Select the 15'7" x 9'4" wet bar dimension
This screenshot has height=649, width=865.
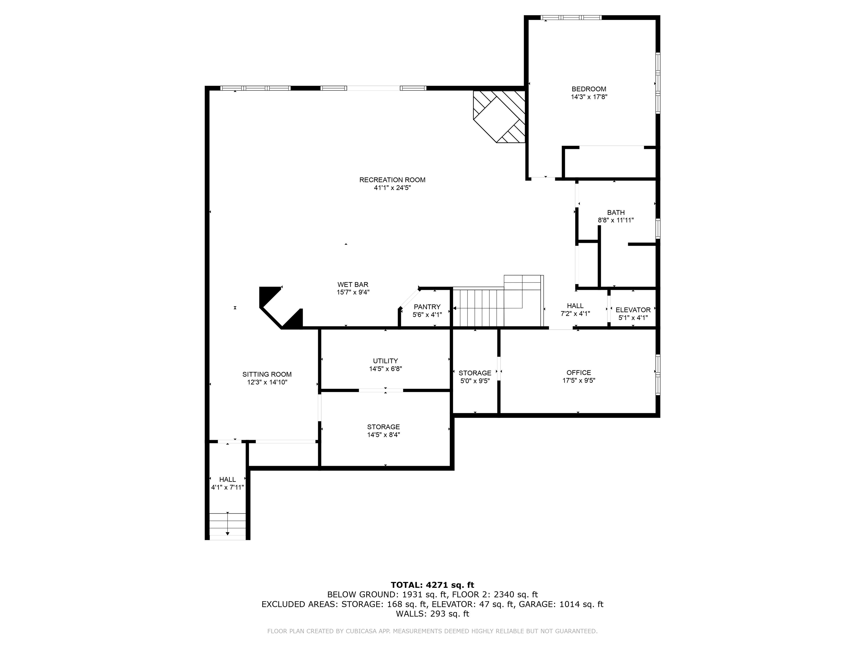click(x=353, y=292)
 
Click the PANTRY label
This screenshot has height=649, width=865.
click(x=427, y=307)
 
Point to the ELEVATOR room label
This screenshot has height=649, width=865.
click(x=633, y=310)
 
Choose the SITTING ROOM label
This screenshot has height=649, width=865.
click(x=267, y=374)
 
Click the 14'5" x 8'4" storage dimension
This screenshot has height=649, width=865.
click(x=383, y=435)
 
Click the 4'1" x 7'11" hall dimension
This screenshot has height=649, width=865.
click(x=227, y=487)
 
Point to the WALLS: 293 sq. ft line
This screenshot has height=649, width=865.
click(x=432, y=614)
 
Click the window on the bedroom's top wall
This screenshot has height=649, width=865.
click(x=570, y=17)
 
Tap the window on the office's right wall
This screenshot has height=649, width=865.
click(x=658, y=375)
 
